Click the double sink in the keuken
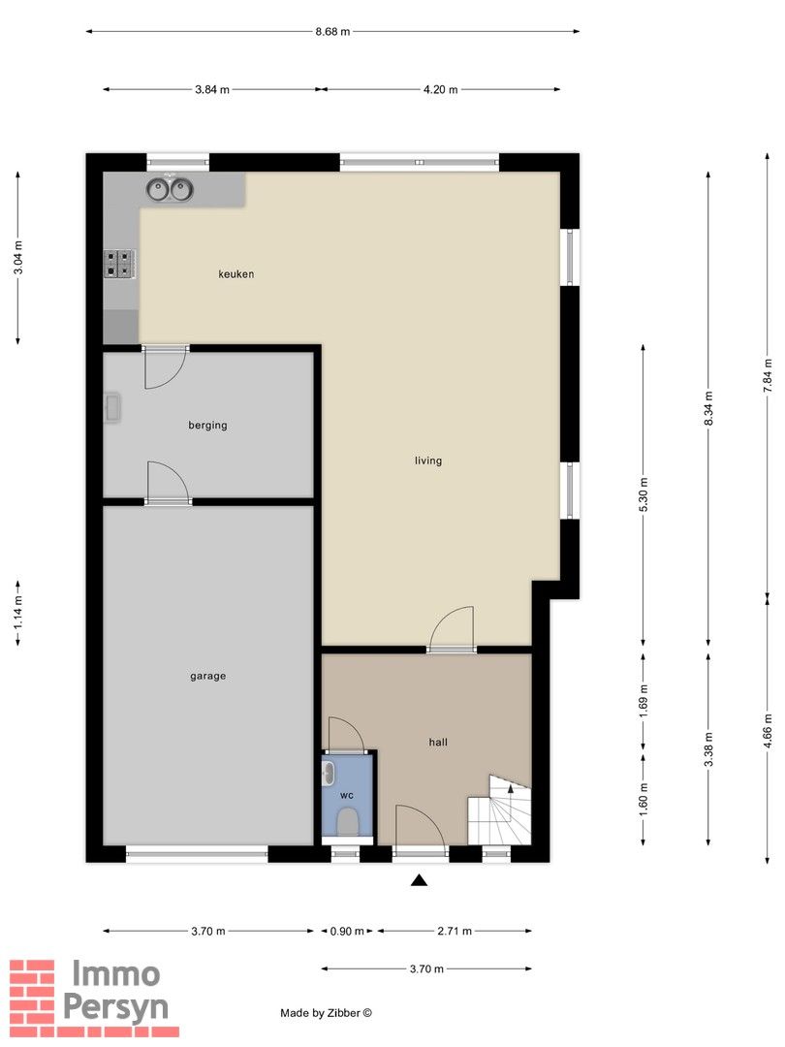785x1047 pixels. [x=170, y=190]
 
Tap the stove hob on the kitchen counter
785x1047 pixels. [x=119, y=263]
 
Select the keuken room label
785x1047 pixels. [x=235, y=273]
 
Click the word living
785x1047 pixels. [x=428, y=460]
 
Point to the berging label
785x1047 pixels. [x=207, y=426]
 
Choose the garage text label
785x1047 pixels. [x=207, y=676]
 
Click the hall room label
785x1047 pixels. [x=438, y=742]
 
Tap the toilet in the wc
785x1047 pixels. [x=347, y=822]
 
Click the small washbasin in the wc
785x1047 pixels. [x=328, y=774]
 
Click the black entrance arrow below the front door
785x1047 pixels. [x=419, y=879]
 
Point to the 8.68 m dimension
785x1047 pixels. [x=332, y=31]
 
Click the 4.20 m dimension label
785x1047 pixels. [x=441, y=89]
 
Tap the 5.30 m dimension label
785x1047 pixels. [x=644, y=494]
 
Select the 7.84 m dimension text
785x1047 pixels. [x=768, y=376]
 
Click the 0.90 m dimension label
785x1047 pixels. [x=347, y=931]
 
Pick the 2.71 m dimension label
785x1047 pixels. [x=455, y=931]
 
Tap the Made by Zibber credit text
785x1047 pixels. [x=327, y=1013]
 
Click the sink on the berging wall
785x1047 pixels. [x=111, y=407]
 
